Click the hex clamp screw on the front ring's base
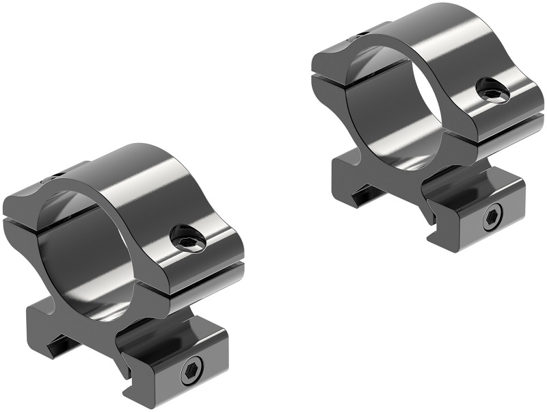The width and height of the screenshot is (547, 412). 190,372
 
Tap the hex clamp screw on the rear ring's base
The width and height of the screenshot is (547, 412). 491,219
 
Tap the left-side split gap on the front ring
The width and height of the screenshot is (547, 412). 17,222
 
